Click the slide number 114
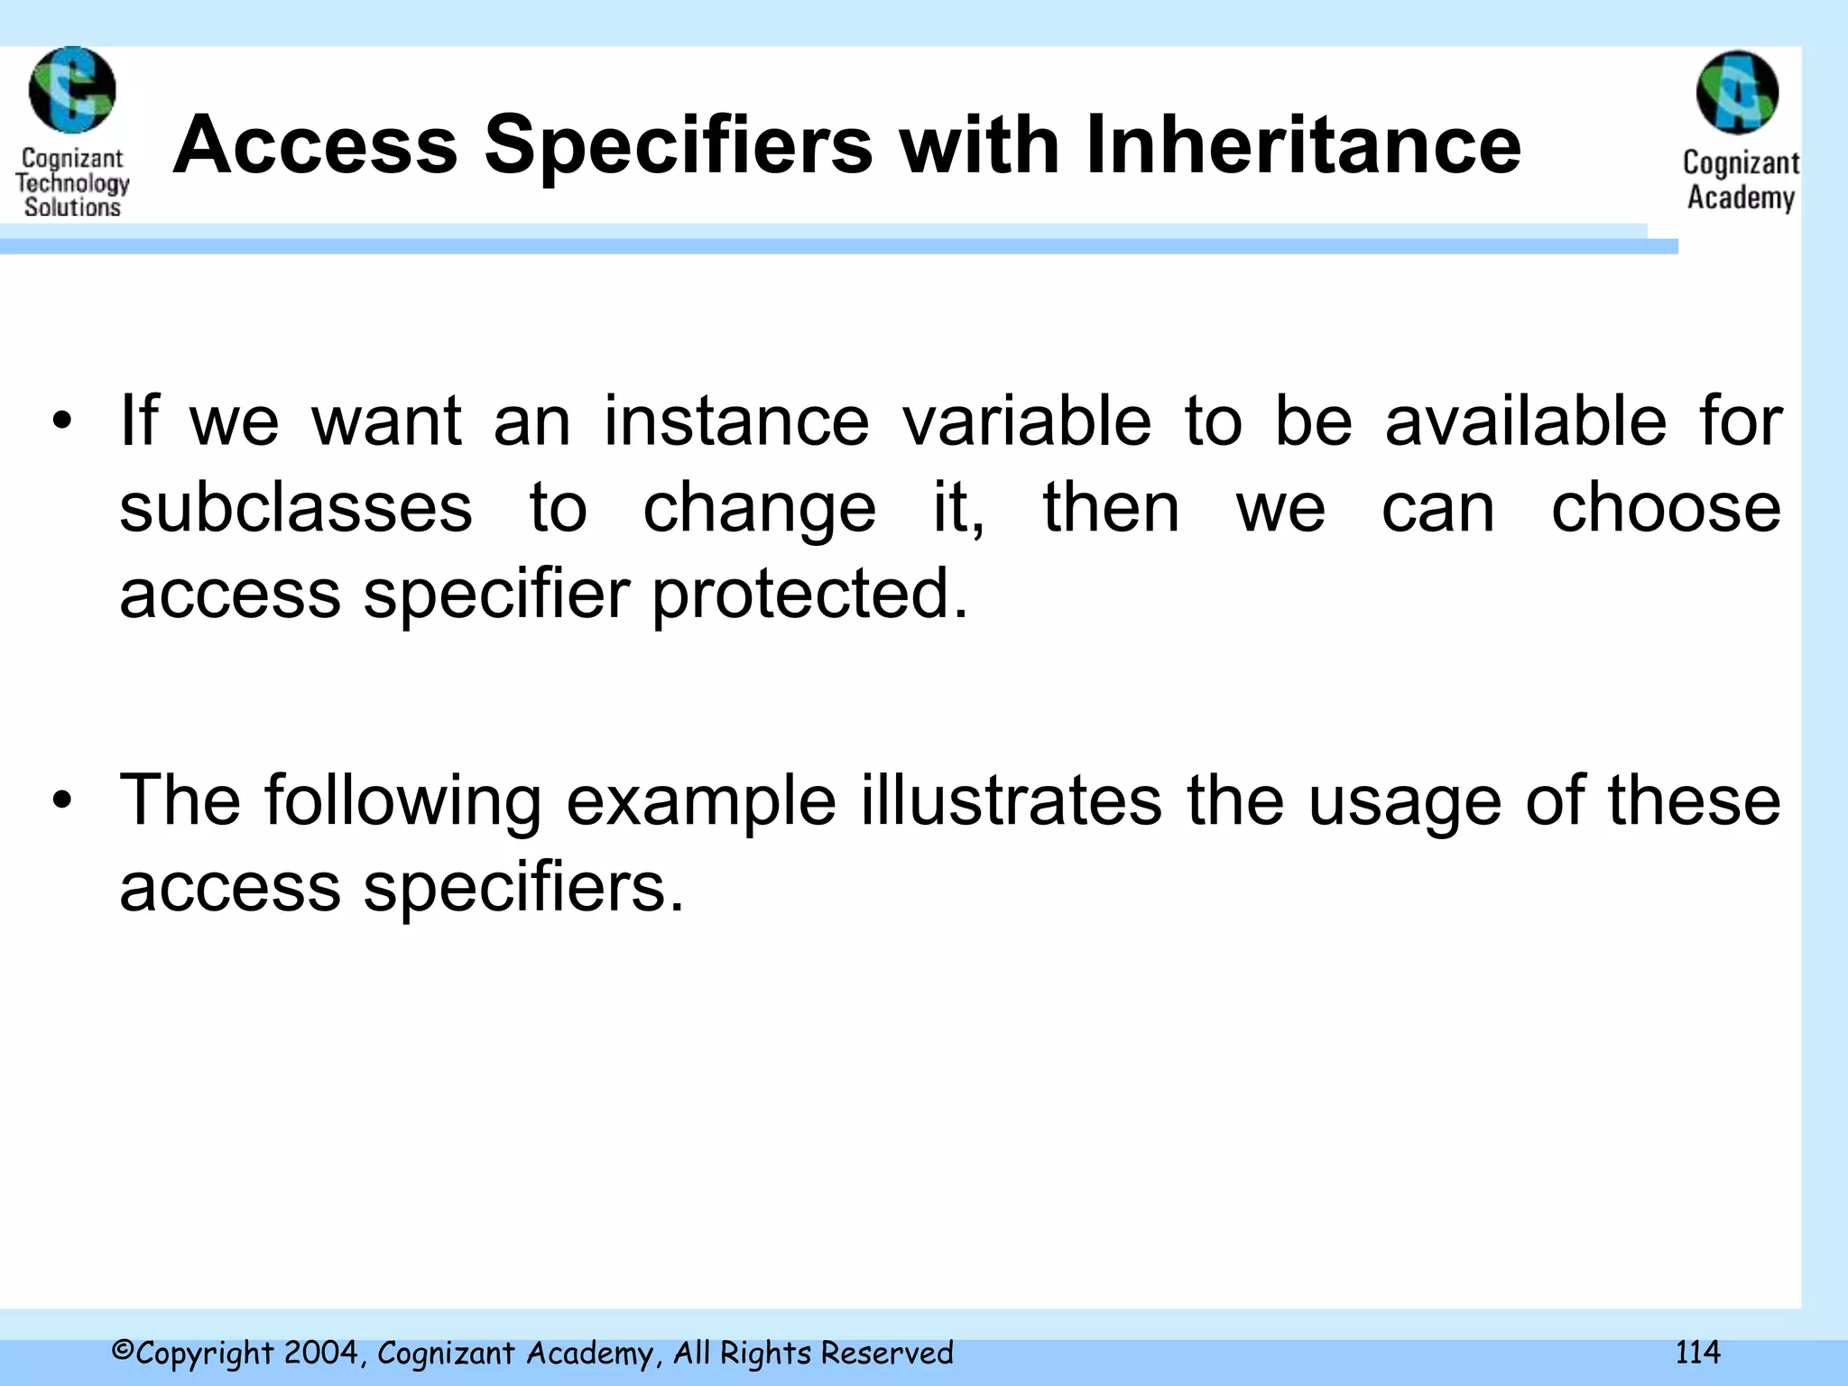coord(1697,1353)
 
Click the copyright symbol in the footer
coord(123,1351)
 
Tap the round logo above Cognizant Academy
coord(1737,92)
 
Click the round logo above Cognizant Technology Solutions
coord(72,89)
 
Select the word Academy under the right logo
coord(1741,198)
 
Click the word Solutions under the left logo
coord(72,207)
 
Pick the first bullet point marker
coord(61,421)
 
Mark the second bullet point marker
coord(61,800)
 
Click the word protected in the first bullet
coord(808,596)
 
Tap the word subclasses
coord(296,508)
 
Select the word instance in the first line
coord(735,421)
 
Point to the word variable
coord(1027,421)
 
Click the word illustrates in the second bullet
coord(1011,800)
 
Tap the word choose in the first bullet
coord(1666,508)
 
